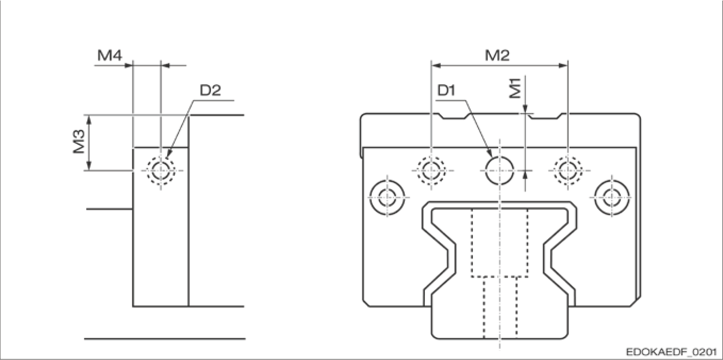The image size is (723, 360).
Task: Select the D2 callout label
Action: pyautogui.click(x=210, y=91)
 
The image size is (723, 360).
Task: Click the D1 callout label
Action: pyautogui.click(x=446, y=91)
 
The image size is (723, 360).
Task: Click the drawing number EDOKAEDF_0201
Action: pyautogui.click(x=672, y=353)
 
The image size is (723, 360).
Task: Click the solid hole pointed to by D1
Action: pyautogui.click(x=499, y=170)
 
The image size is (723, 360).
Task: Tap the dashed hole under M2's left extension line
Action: pyautogui.click(x=431, y=170)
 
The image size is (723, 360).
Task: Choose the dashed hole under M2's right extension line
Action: pyautogui.click(x=568, y=170)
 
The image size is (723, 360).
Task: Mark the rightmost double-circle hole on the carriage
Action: pyautogui.click(x=610, y=195)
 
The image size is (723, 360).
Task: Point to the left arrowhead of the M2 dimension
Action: pyautogui.click(x=435, y=66)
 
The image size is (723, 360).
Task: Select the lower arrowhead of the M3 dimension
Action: pyautogui.click(x=89, y=166)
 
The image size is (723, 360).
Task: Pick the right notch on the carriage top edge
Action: pyautogui.click(x=545, y=116)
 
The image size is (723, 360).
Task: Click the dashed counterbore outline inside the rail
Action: pyautogui.click(x=499, y=243)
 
